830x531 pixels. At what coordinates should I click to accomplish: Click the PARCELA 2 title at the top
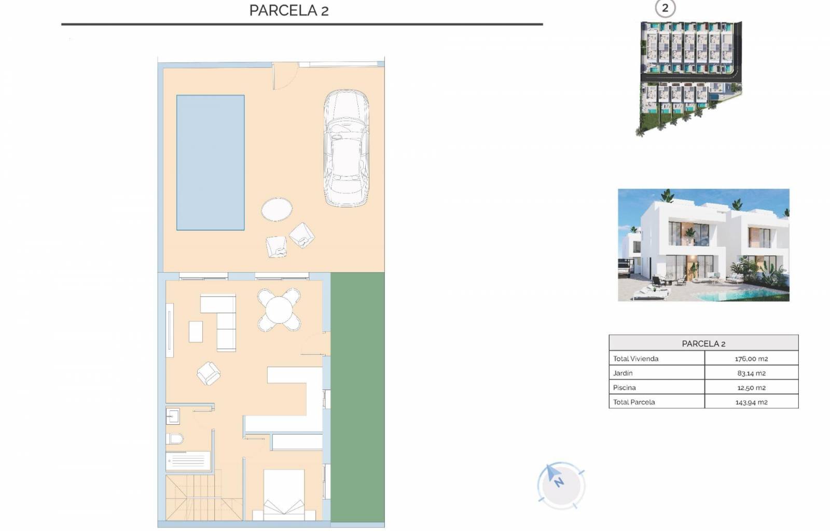pyautogui.click(x=288, y=10)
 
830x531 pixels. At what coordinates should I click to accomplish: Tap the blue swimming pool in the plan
pyautogui.click(x=210, y=162)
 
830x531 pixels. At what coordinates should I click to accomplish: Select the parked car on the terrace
pyautogui.click(x=346, y=148)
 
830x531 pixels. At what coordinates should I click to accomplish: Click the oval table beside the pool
pyautogui.click(x=276, y=209)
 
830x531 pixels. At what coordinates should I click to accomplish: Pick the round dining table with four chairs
pyautogui.click(x=279, y=310)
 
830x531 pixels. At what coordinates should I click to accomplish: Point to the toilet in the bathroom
pyautogui.click(x=174, y=439)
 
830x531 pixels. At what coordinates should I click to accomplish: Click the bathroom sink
pyautogui.click(x=173, y=416)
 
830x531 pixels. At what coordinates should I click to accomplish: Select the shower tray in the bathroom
pyautogui.click(x=188, y=461)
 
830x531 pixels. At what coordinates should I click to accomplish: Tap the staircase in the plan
pyautogui.click(x=204, y=498)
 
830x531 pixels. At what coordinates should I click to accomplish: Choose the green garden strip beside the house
pyautogui.click(x=357, y=397)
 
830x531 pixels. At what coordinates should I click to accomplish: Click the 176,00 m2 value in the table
pyautogui.click(x=751, y=358)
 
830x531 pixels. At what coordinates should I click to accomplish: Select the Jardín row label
pyautogui.click(x=622, y=373)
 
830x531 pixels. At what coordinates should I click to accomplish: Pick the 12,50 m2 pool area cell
pyautogui.click(x=751, y=387)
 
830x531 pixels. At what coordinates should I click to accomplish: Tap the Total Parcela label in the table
pyautogui.click(x=633, y=402)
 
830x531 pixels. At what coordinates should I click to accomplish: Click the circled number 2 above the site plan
pyautogui.click(x=665, y=8)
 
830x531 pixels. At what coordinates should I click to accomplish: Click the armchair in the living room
pyautogui.click(x=209, y=373)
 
